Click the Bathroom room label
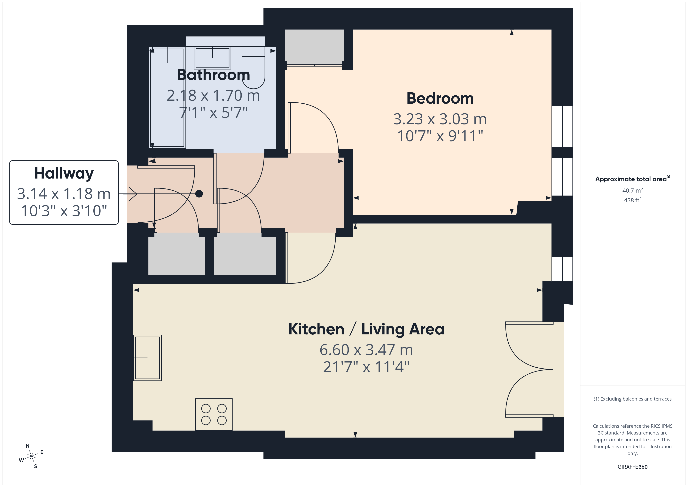[x=213, y=75]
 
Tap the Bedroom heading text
[x=440, y=98]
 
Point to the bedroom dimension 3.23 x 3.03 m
[x=440, y=119]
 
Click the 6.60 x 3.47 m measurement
[x=366, y=350]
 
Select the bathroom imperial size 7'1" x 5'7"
[x=213, y=113]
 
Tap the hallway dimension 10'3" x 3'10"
[x=64, y=211]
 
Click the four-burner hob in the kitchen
[x=214, y=414]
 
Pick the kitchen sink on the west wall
[x=147, y=358]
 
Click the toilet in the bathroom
[x=254, y=68]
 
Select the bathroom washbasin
[x=212, y=57]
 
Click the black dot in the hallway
[x=199, y=194]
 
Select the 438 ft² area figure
[x=633, y=200]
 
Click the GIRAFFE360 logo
[x=633, y=467]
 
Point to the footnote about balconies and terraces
[x=633, y=399]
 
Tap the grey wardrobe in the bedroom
[x=314, y=47]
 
